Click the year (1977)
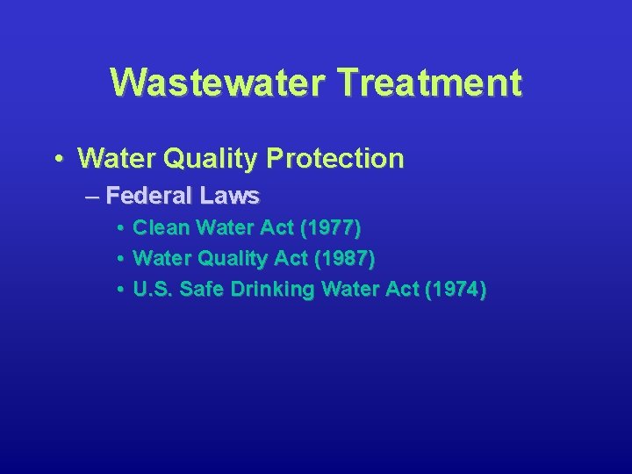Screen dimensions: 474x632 (x=329, y=228)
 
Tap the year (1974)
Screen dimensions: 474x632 (x=454, y=290)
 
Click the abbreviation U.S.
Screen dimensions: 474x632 (x=153, y=290)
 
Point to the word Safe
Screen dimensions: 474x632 (x=202, y=290)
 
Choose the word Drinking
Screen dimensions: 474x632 (x=273, y=290)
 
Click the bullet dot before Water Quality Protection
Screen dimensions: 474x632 (x=57, y=159)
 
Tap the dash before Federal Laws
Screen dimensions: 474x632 (x=93, y=195)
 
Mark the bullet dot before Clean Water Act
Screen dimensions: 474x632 (x=118, y=229)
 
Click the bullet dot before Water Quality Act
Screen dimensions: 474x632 (x=118, y=260)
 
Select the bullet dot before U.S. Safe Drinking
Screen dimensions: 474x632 (x=118, y=291)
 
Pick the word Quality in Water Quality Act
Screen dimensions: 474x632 (x=229, y=259)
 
